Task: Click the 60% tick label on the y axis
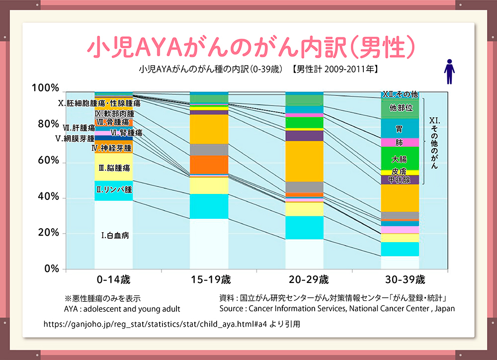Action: coord(49,160)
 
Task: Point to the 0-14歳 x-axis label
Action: coord(113,280)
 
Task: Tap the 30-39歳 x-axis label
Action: coord(405,280)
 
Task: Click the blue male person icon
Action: coord(449,72)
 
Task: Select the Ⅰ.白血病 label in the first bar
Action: coord(115,235)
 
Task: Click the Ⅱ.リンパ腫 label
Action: coord(114,189)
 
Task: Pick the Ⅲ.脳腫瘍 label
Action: coord(114,168)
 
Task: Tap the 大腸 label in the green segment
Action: coord(399,159)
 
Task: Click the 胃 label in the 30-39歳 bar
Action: coord(399,129)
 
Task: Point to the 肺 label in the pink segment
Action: coord(399,143)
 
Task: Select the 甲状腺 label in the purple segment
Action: coord(399,180)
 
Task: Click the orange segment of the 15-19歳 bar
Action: coord(209,165)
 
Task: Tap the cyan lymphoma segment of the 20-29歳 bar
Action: coord(304,228)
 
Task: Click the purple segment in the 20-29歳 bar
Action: coord(304,136)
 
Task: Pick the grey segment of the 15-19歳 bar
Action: coord(209,150)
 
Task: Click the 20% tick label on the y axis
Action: coord(49,233)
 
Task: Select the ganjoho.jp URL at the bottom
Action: coord(155,324)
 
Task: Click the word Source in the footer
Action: coord(231,309)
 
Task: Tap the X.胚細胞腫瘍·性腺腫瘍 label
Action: coord(99,103)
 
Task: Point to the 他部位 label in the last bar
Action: coord(401,108)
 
